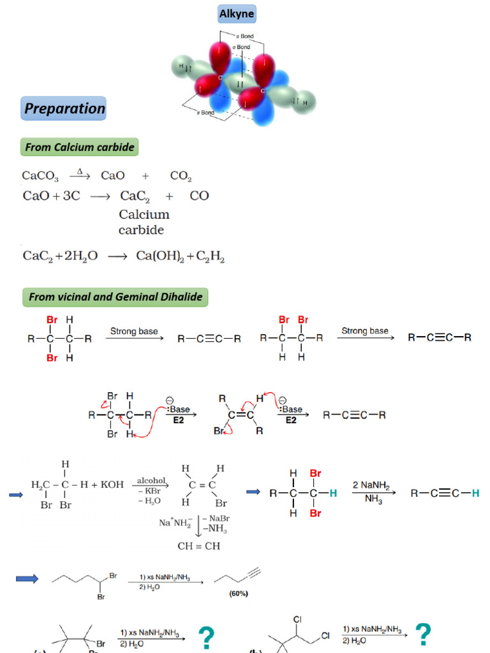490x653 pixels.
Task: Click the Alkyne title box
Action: pos(237,13)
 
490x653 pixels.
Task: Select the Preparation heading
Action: pos(64,108)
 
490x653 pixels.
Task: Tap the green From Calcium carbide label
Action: pos(79,148)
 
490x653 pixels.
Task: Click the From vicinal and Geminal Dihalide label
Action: pos(115,297)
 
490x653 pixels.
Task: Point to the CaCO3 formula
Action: pos(40,177)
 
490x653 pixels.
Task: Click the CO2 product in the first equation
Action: pos(181,177)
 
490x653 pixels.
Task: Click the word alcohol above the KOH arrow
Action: pos(151,481)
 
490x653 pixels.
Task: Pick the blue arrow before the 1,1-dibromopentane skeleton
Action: pos(27,578)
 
